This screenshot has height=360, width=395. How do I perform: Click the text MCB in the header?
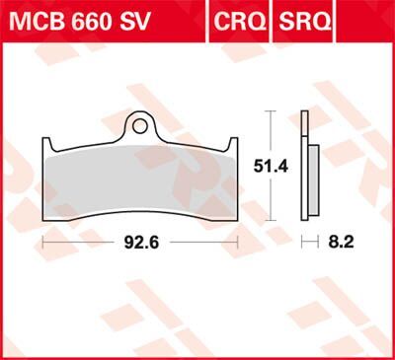point(36,19)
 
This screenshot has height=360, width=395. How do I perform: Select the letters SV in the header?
point(138,19)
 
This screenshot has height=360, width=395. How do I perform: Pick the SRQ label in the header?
point(306,19)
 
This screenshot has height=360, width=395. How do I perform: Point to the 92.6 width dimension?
point(139,240)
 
